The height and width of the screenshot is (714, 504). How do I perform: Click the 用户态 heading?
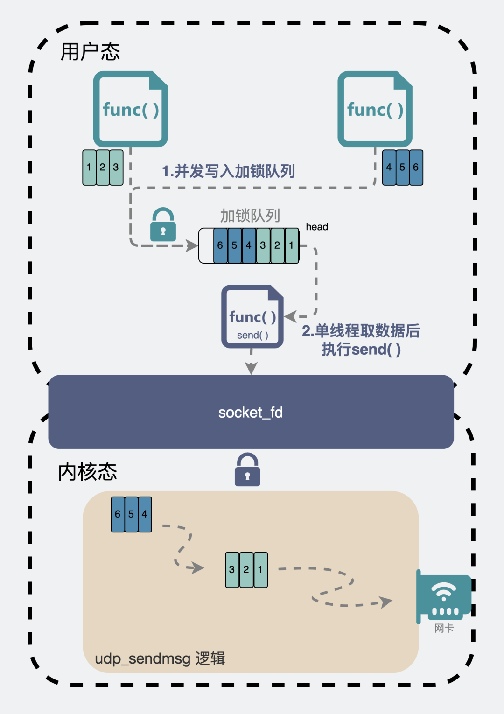click(x=90, y=51)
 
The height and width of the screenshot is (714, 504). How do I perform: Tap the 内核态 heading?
click(x=87, y=472)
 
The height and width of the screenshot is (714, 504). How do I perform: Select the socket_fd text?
click(x=251, y=413)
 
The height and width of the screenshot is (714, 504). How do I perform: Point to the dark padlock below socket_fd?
click(x=247, y=470)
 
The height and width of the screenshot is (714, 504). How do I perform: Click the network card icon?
click(x=444, y=596)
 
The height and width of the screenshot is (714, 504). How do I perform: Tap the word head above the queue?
click(x=317, y=227)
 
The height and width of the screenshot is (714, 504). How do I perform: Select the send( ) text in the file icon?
click(x=252, y=335)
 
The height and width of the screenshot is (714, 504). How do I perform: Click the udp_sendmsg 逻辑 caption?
click(x=160, y=658)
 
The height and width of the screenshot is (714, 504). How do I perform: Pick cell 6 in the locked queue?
click(x=220, y=245)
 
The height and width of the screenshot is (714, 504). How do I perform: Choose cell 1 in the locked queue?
click(x=292, y=245)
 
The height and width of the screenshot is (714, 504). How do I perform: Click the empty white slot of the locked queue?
click(x=206, y=245)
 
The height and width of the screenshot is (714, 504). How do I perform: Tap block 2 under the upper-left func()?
click(x=103, y=168)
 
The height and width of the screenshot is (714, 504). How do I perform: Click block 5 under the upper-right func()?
click(x=402, y=168)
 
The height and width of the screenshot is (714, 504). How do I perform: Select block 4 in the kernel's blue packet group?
click(x=145, y=514)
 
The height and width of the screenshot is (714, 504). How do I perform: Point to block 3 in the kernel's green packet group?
click(x=232, y=570)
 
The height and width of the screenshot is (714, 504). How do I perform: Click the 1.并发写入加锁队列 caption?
click(x=228, y=171)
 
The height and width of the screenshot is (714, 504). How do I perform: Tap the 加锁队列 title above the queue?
click(x=250, y=216)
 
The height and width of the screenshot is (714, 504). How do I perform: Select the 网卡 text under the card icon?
click(x=444, y=628)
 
